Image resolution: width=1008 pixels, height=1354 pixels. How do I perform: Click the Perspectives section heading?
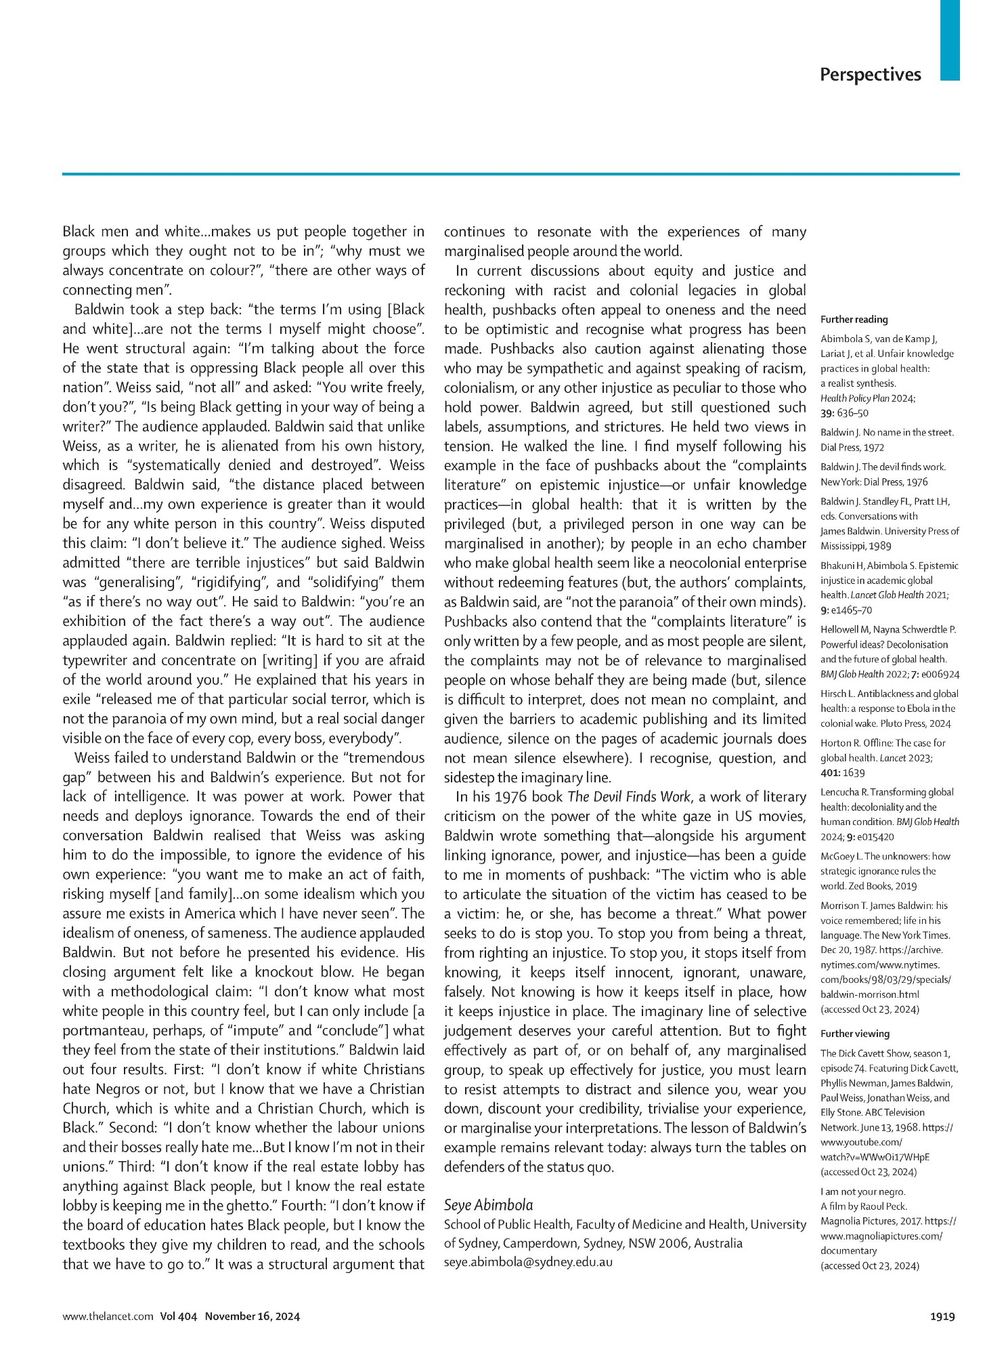(870, 75)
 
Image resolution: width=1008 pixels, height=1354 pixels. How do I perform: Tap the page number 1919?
(942, 1316)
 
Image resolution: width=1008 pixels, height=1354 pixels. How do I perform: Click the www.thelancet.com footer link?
(108, 1316)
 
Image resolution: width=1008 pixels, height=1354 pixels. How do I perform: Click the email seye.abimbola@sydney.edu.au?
(528, 1263)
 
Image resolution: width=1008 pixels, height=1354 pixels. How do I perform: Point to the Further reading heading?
(854, 319)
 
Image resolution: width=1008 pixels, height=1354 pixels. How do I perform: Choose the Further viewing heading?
(854, 1034)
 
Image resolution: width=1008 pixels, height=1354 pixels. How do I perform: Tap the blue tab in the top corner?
(950, 41)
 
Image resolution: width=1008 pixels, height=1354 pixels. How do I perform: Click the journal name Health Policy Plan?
(852, 398)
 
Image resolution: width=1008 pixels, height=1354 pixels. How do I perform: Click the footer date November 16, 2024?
(253, 1316)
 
